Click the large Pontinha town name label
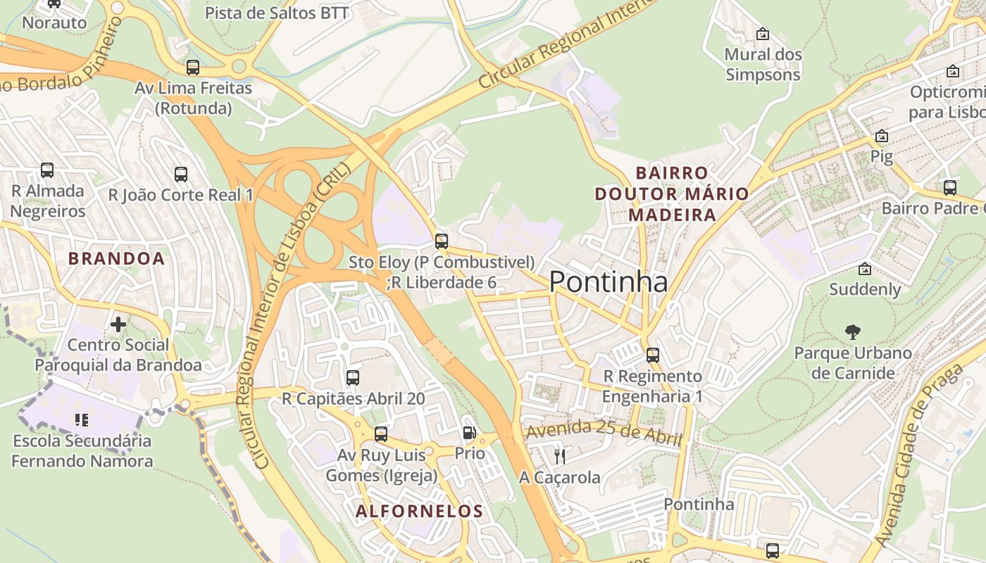608,282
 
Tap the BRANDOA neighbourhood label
116,258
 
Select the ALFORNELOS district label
420,511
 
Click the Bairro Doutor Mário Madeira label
672,194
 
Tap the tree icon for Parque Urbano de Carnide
852,331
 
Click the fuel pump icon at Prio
469,433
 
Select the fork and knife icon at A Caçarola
560,456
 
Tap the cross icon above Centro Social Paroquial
118,324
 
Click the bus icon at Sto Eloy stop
442,241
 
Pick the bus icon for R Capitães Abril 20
353,378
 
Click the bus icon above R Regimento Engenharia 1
653,355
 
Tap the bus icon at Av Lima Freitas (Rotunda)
193,68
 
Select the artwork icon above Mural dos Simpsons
762,34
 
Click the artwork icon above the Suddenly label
864,269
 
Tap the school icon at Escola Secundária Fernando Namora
82,420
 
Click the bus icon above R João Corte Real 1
181,174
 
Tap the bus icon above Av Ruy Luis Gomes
381,434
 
